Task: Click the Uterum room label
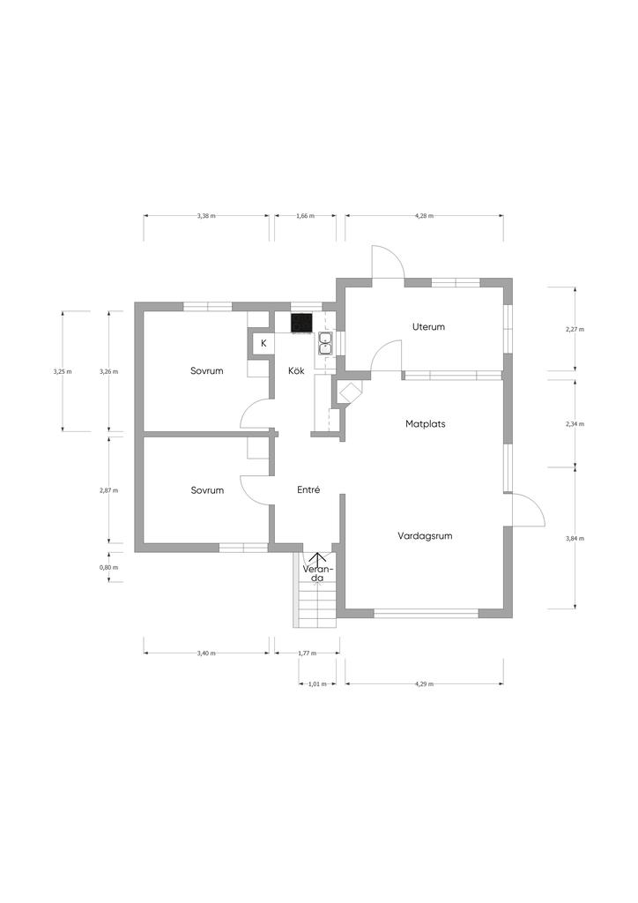[x=428, y=326]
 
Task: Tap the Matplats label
[x=425, y=424]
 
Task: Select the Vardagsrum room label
[x=425, y=536]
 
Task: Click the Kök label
[x=296, y=371]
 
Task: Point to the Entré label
[x=308, y=490]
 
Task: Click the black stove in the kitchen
[x=302, y=323]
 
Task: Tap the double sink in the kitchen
[x=326, y=343]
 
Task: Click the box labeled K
[x=263, y=343]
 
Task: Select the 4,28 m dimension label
[x=424, y=216]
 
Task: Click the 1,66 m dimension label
[x=306, y=216]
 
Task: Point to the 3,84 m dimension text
[x=575, y=539]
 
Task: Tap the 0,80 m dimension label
[x=108, y=567]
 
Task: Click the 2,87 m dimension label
[x=108, y=490]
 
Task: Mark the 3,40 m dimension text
[x=206, y=653]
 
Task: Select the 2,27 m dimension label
[x=575, y=330]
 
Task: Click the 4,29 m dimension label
[x=424, y=684]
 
